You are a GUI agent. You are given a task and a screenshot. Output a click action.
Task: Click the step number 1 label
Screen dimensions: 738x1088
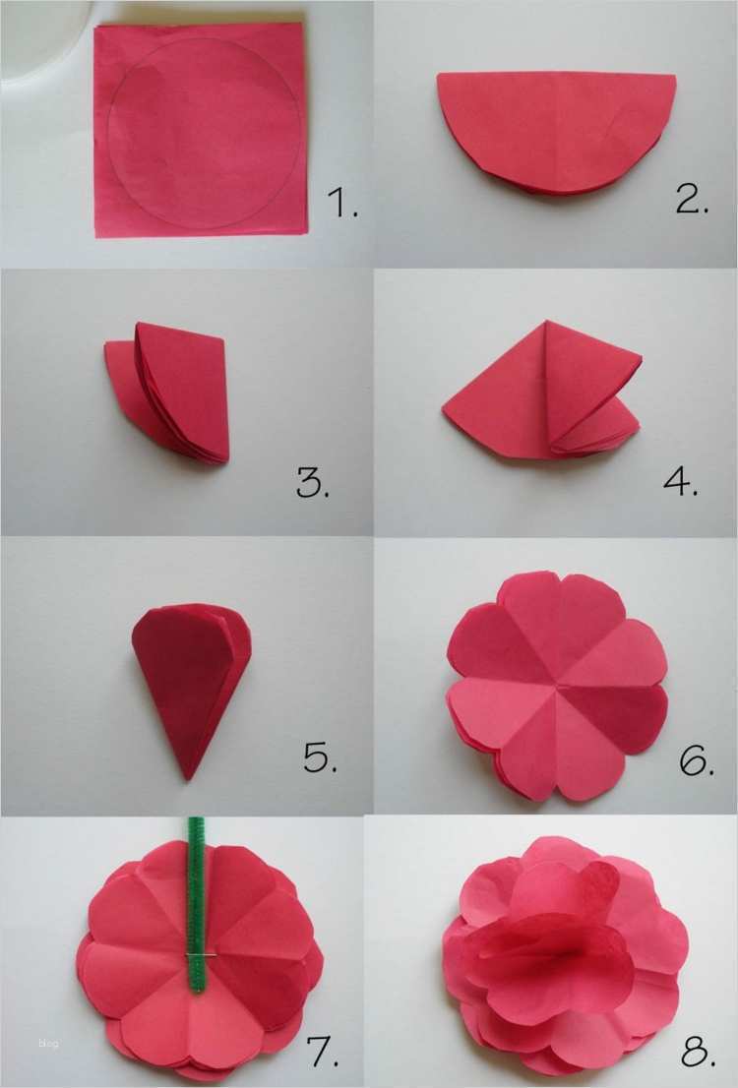[x=343, y=203]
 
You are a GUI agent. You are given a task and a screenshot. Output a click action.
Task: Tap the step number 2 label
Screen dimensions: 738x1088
[x=692, y=199]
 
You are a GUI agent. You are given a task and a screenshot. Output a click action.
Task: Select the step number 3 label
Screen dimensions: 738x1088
[x=312, y=483]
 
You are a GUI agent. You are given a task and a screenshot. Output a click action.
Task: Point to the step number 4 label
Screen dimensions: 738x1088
[x=680, y=480]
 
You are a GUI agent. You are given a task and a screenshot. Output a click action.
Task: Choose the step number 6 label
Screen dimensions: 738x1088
[x=697, y=760]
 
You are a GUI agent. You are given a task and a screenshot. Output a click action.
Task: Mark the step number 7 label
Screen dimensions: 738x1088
[x=323, y=1052]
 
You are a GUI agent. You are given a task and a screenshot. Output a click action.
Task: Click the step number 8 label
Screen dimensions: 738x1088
[x=698, y=1052]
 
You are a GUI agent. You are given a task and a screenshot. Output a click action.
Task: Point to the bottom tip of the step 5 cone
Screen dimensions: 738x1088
[x=187, y=779]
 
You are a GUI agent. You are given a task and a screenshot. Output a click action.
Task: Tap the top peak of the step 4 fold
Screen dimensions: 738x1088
[x=547, y=321]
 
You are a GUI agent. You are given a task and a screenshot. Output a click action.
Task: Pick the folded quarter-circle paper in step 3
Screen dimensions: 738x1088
[x=167, y=393]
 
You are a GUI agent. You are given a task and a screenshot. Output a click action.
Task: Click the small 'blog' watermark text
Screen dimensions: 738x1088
[x=49, y=1043]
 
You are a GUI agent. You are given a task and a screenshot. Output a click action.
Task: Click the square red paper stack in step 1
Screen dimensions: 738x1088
[x=201, y=130]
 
